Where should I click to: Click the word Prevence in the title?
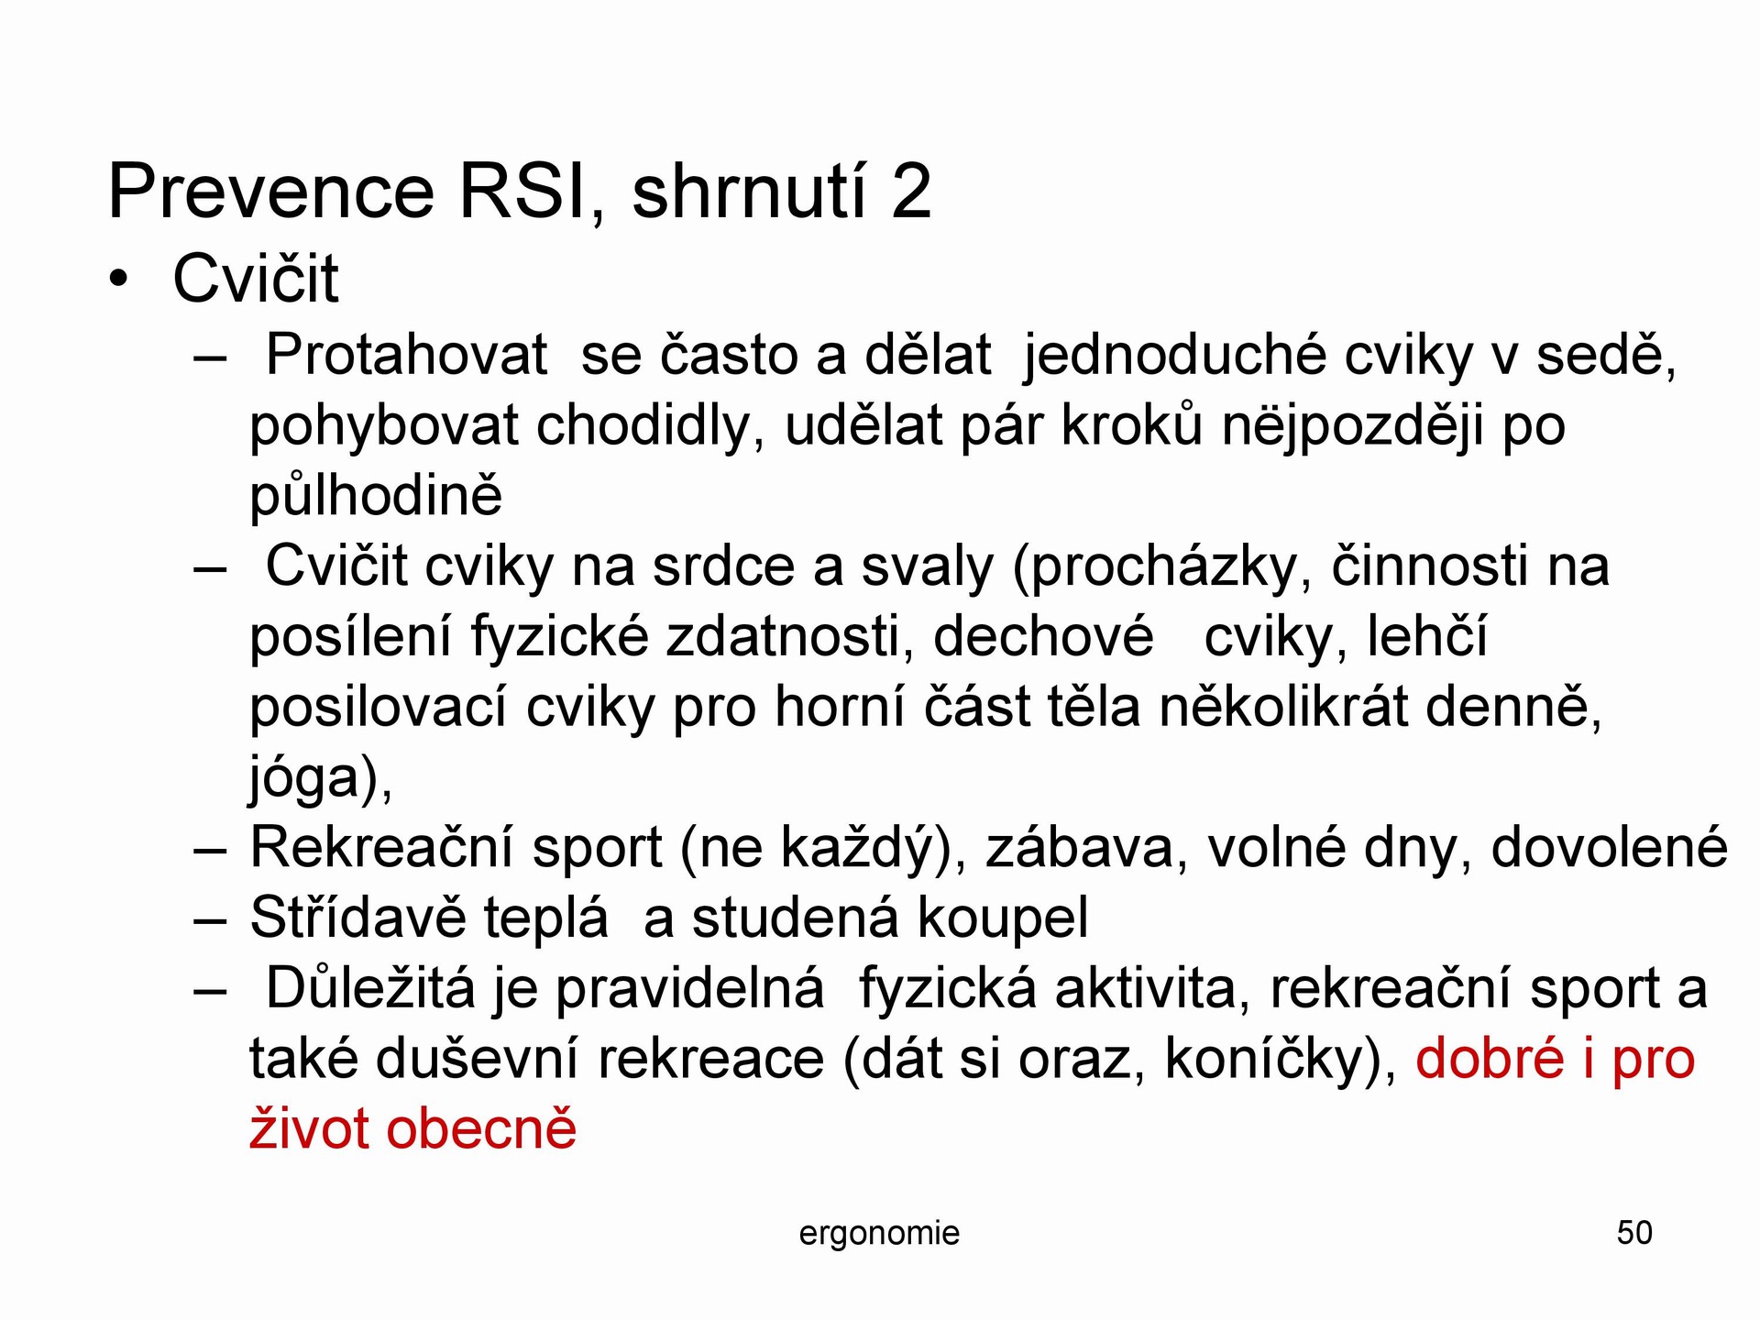[271, 192]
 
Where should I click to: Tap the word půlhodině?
[376, 496]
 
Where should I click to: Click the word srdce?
[724, 566]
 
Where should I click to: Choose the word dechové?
[1043, 636]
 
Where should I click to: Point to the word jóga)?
[321, 778]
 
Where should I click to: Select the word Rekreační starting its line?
[381, 847]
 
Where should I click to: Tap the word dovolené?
[1609, 847]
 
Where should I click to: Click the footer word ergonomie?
[879, 1234]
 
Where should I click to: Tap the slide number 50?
[1634, 1233]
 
